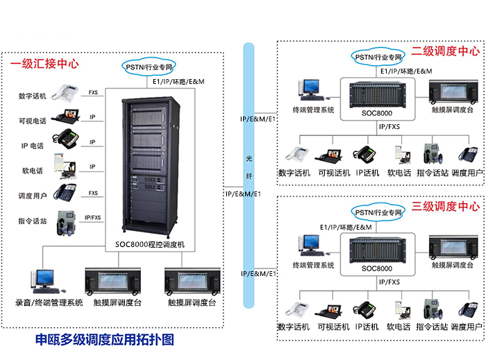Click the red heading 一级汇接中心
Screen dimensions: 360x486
(x=44, y=65)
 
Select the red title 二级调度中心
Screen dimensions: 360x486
(x=445, y=51)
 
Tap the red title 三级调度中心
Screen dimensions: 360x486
(x=445, y=207)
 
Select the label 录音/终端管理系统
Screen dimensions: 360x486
(x=49, y=302)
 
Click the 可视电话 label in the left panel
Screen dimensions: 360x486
(x=32, y=121)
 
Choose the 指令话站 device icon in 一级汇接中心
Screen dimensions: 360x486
(x=67, y=222)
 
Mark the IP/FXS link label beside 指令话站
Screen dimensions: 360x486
(x=92, y=218)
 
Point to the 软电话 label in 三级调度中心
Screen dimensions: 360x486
(x=399, y=327)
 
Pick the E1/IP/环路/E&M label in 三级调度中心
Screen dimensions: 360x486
(x=346, y=227)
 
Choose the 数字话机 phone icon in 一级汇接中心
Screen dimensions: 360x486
(x=67, y=92)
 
